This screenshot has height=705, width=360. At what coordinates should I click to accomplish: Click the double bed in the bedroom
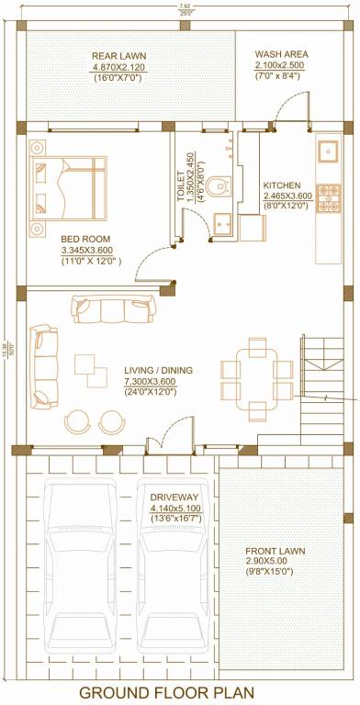point(69,186)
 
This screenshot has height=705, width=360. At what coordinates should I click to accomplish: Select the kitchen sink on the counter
point(328,150)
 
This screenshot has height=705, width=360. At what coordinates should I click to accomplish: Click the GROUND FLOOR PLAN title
point(179,692)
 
